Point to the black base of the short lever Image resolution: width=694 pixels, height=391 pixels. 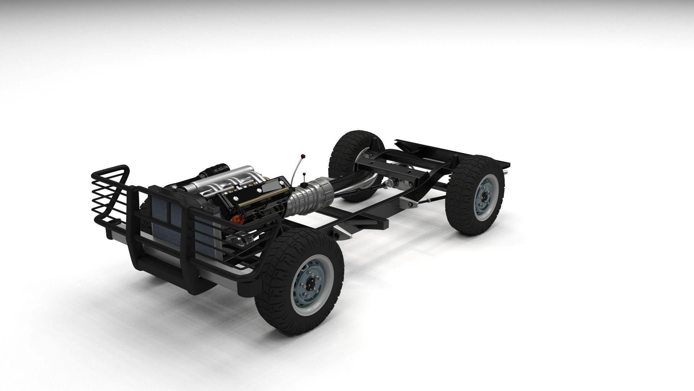304,185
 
